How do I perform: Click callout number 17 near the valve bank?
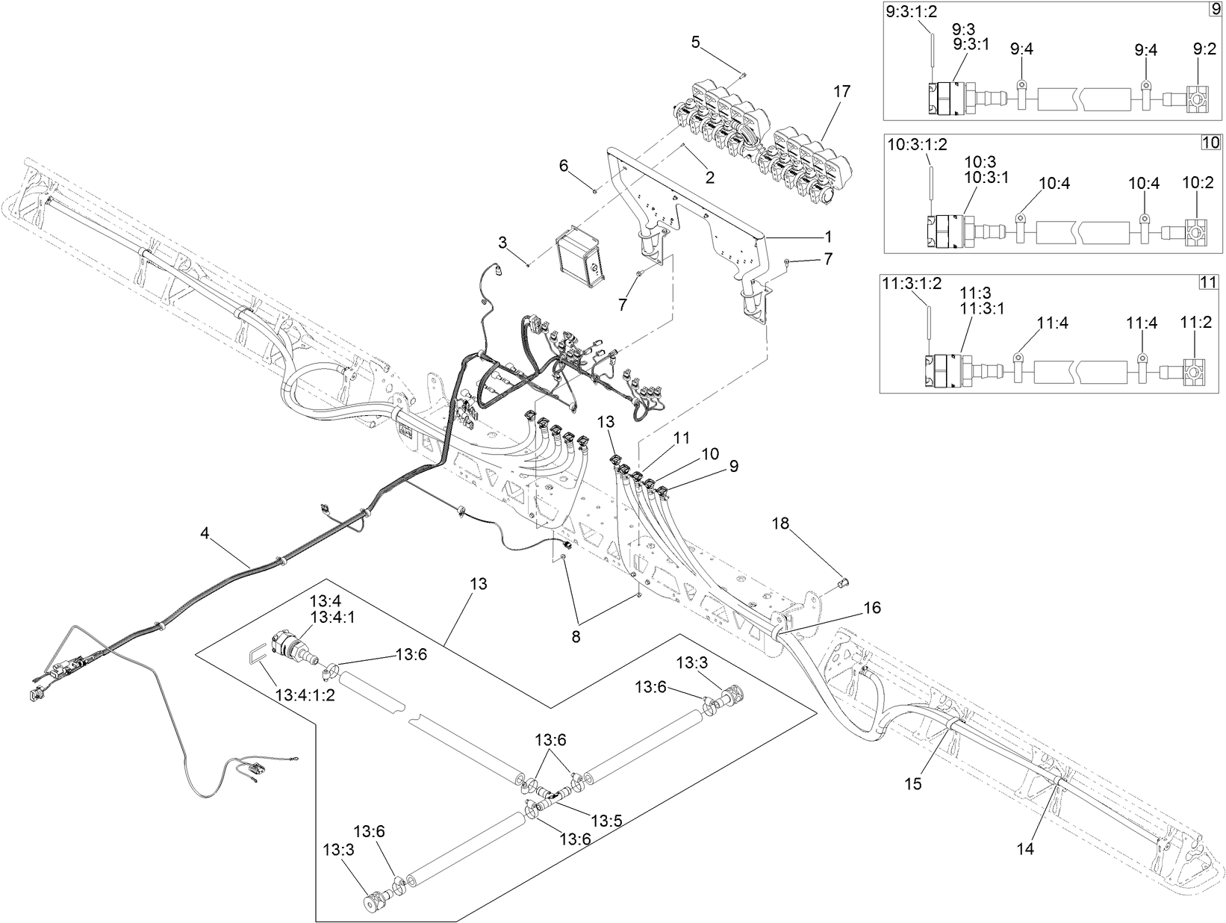pos(841,93)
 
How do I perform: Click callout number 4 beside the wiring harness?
pos(205,533)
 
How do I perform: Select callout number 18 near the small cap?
pos(780,524)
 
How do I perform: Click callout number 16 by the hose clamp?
pos(872,608)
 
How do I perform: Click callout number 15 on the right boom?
pos(913,783)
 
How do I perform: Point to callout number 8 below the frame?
pos(576,637)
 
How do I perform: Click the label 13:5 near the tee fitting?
pos(606,820)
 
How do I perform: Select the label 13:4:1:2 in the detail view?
pos(305,694)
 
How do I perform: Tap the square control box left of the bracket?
pos(579,258)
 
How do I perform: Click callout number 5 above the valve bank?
pos(695,42)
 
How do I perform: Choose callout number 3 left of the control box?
pos(503,242)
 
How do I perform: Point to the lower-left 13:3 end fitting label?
pos(337,850)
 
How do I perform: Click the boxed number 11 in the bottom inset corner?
pos(1208,282)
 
